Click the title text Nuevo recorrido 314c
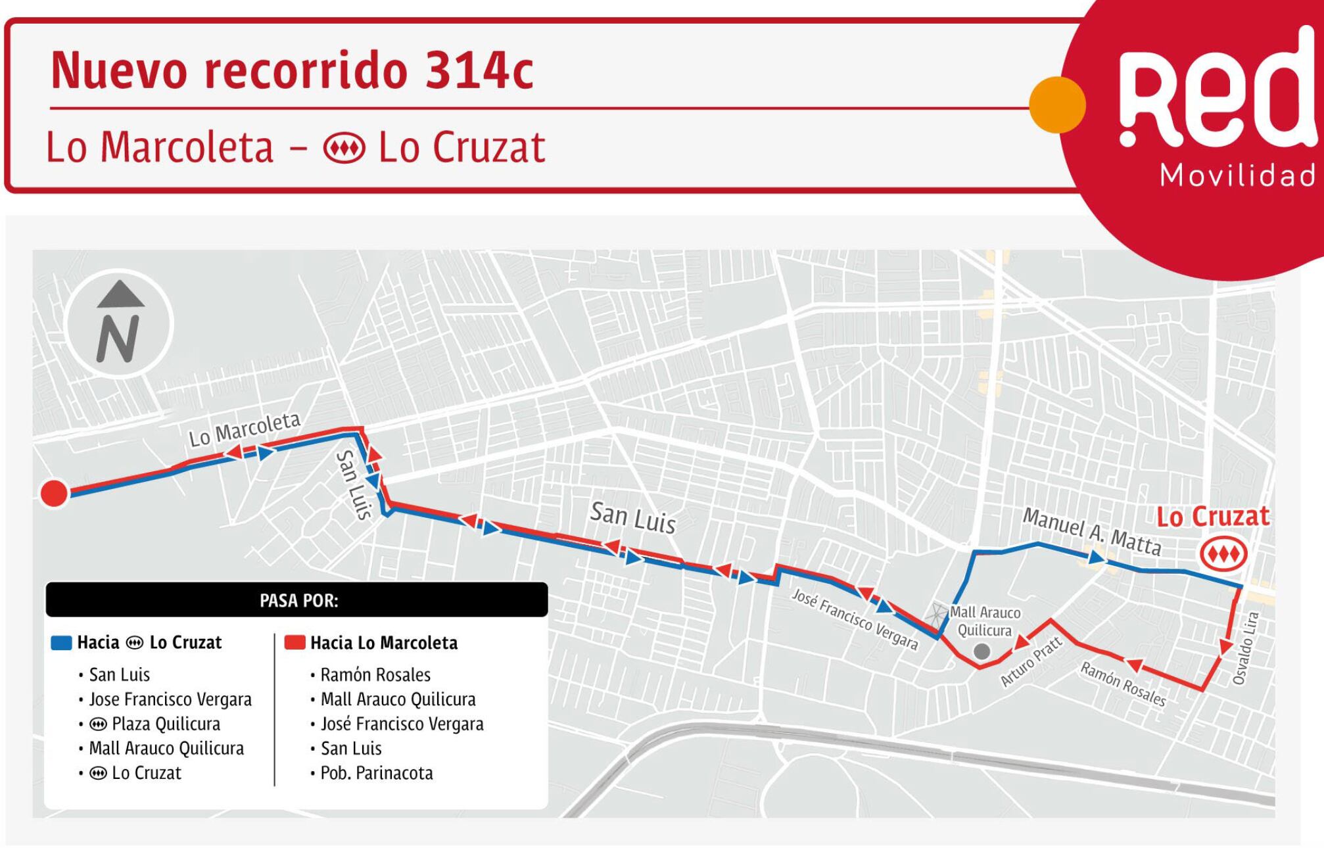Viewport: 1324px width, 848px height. [x=292, y=70]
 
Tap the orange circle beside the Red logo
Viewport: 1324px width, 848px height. [x=1056, y=105]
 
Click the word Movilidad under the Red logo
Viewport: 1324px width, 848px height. [x=1238, y=176]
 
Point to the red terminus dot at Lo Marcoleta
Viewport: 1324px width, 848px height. [x=54, y=493]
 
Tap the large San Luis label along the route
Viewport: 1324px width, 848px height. [x=632, y=517]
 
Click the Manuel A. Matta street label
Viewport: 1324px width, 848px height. [x=1091, y=532]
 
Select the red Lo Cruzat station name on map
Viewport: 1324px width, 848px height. [x=1212, y=517]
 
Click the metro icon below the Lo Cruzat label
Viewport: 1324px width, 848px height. [x=1223, y=554]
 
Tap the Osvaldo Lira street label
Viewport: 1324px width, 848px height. [x=1246, y=648]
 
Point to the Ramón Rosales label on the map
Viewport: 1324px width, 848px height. [x=1123, y=684]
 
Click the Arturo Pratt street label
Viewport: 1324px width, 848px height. [x=1031, y=662]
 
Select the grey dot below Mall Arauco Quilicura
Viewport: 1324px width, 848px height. [x=981, y=651]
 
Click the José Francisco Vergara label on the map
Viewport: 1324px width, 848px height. [x=855, y=619]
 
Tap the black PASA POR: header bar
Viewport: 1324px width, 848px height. [x=296, y=600]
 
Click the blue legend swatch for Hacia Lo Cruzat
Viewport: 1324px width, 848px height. [x=61, y=643]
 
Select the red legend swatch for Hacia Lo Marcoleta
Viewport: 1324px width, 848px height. [x=295, y=643]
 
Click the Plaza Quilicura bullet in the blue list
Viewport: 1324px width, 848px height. [x=165, y=724]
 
